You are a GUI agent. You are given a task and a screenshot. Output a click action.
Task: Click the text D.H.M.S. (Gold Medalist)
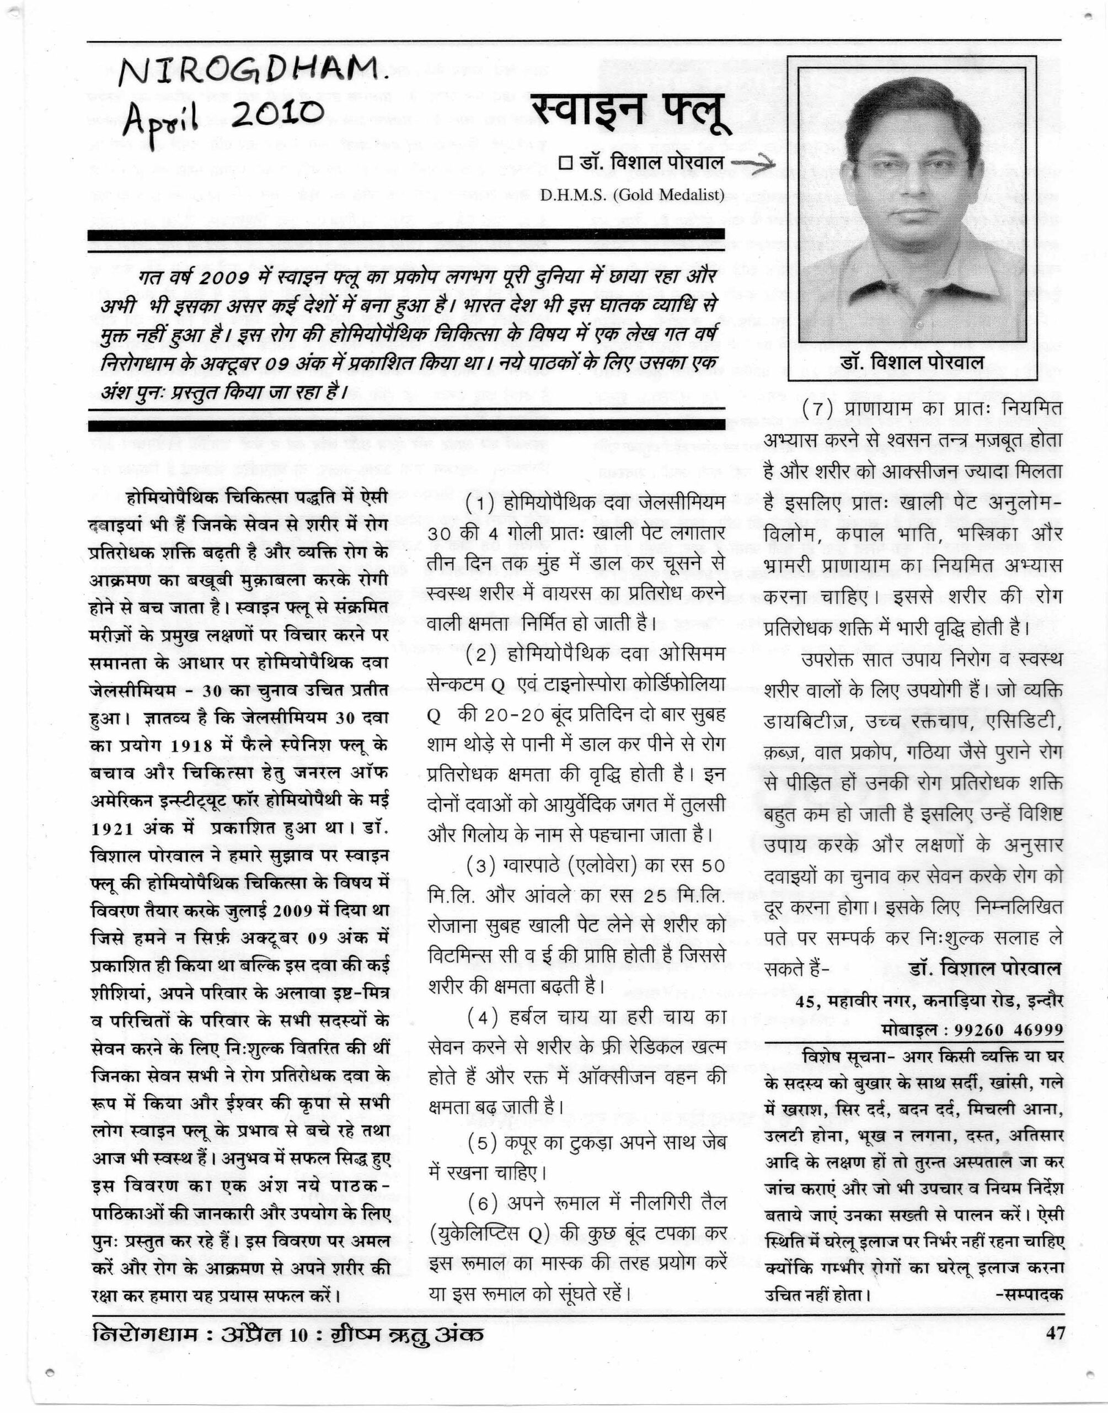click(x=632, y=195)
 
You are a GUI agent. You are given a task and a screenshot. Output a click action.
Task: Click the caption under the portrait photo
click(x=912, y=362)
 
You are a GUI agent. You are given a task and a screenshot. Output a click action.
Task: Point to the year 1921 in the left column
click(x=112, y=829)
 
